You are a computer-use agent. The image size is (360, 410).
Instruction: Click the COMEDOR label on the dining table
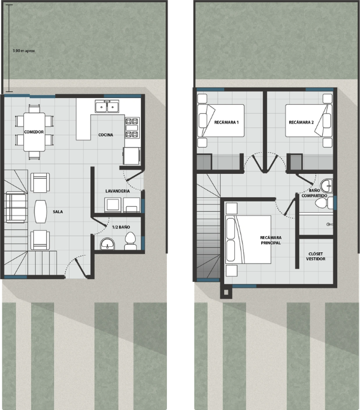34,132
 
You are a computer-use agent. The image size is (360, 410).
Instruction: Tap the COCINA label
106,135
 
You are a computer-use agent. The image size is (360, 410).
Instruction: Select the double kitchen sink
107,106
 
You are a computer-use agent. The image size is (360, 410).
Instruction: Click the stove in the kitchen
132,128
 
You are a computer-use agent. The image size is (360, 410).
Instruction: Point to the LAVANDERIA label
117,191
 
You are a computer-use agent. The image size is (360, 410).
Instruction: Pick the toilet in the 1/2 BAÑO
130,241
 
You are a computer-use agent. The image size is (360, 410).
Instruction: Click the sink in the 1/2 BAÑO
107,244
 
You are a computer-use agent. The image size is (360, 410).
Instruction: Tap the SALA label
58,212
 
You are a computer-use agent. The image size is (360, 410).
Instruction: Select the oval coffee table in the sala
41,212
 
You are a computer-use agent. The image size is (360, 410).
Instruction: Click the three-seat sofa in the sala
16,207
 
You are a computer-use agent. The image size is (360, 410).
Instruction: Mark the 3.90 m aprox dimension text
23,51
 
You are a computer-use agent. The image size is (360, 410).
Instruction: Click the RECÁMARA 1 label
226,122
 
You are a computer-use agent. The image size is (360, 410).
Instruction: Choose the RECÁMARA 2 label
301,122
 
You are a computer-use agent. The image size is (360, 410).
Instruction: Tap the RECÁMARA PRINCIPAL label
270,240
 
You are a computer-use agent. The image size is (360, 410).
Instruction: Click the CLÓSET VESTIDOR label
315,256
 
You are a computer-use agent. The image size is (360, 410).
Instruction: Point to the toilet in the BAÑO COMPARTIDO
324,203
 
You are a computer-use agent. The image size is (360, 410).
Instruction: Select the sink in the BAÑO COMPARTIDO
327,186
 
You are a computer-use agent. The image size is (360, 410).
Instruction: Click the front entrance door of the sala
81,267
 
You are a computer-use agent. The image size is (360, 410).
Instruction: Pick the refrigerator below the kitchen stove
131,156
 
